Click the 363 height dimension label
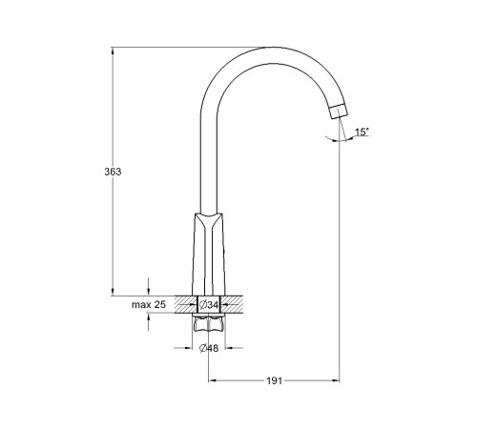(x=113, y=172)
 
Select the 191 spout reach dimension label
(x=274, y=380)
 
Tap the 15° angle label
(x=363, y=132)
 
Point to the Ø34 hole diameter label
(x=209, y=305)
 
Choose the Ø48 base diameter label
(x=209, y=348)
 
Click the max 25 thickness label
(x=149, y=304)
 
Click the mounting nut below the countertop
(x=209, y=323)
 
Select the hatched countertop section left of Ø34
(x=186, y=304)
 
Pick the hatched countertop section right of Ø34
(x=232, y=304)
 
